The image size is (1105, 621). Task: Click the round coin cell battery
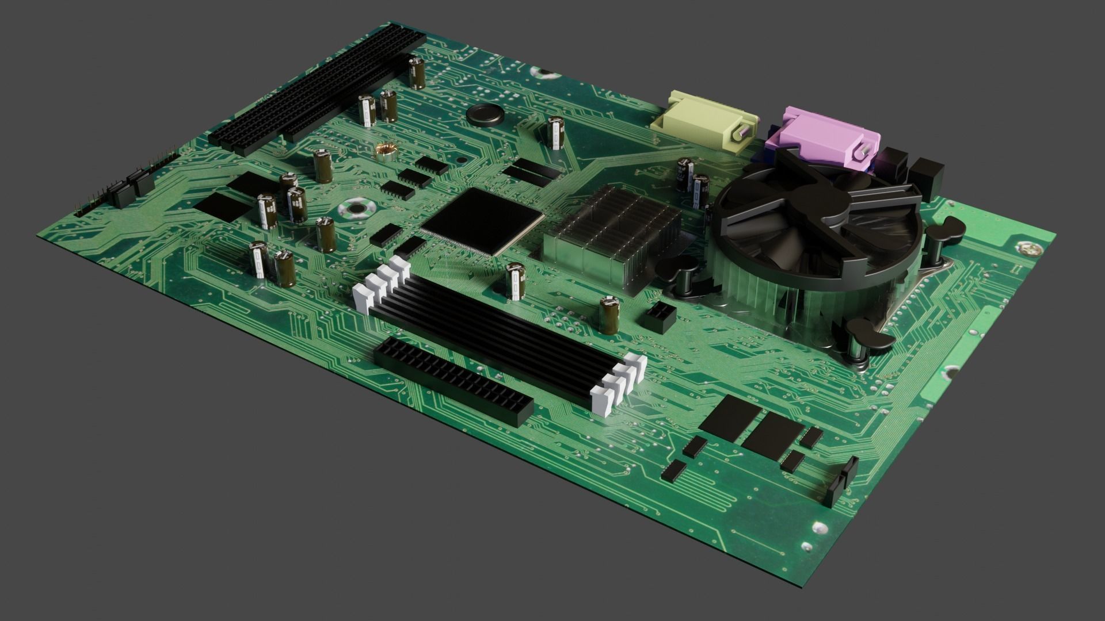coord(485,115)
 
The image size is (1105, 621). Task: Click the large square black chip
coord(482,221)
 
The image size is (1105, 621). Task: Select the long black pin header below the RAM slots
coord(454,380)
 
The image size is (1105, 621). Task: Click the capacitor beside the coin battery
coord(555,133)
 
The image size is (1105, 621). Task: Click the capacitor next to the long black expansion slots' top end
coord(417,72)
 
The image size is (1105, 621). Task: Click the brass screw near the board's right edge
coord(1030,249)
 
